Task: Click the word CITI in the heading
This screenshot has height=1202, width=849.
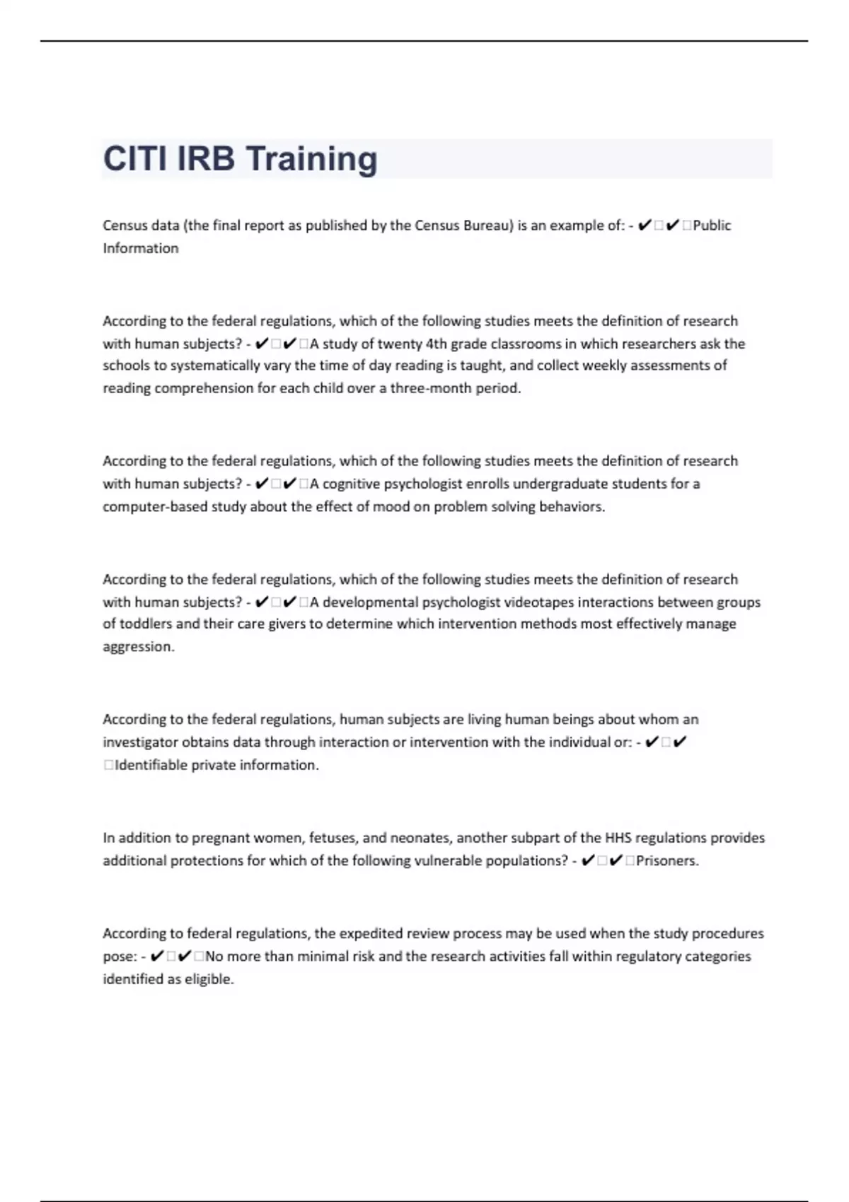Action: (x=134, y=158)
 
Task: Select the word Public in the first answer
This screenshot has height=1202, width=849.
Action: (x=712, y=226)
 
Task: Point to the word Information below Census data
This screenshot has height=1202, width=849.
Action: (x=141, y=248)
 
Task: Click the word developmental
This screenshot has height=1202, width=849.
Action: (x=370, y=602)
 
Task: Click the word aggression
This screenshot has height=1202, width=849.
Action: (x=138, y=647)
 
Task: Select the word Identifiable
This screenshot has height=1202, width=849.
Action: (x=151, y=765)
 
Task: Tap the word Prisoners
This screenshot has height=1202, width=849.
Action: (x=666, y=860)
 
